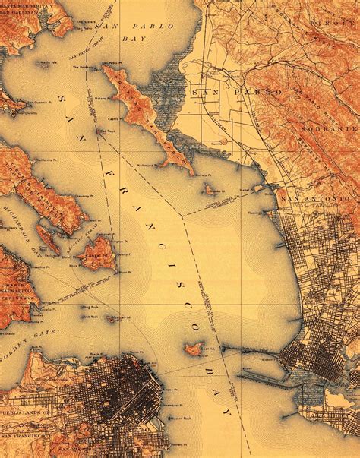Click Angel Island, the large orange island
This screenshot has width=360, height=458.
(96, 254)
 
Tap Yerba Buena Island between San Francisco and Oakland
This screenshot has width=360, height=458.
(193, 349)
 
